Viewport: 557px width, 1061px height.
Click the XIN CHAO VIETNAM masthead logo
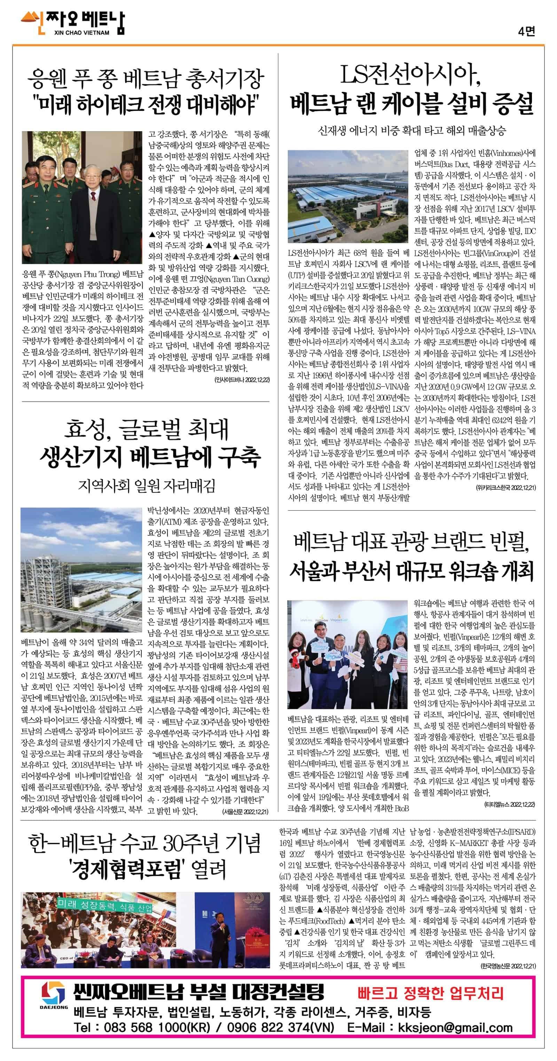pyautogui.click(x=72, y=23)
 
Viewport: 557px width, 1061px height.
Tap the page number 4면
pyautogui.click(x=527, y=31)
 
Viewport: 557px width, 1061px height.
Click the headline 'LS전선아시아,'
pyautogui.click(x=411, y=76)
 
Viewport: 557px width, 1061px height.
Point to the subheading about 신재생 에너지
pyautogui.click(x=411, y=131)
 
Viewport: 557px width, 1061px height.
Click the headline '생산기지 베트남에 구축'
pyautogui.click(x=150, y=457)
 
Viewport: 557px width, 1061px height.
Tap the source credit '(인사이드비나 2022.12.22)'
pyautogui.click(x=242, y=379)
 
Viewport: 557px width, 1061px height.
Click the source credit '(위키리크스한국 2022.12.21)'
pyautogui.click(x=505, y=488)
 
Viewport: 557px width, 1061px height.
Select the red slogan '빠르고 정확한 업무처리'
pyautogui.click(x=430, y=992)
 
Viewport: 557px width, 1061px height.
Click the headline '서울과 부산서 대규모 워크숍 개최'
pyautogui.click(x=411, y=571)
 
